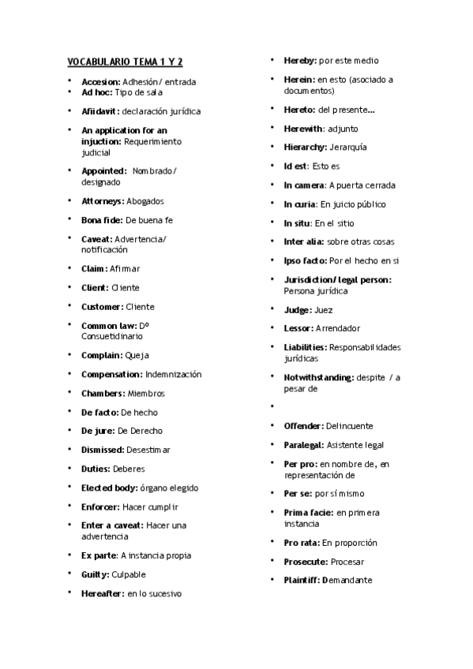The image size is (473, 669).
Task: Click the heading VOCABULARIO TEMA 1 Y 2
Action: pyautogui.click(x=125, y=62)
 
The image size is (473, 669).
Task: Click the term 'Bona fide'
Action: pyautogui.click(x=101, y=220)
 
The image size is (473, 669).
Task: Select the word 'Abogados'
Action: pyautogui.click(x=145, y=201)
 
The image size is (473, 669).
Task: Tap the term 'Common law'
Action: pyautogui.click(x=108, y=325)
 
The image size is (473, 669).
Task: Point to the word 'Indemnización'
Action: pyautogui.click(x=174, y=374)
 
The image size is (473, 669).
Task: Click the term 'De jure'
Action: pyautogui.click(x=97, y=431)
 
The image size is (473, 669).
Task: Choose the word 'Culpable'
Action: pyautogui.click(x=129, y=574)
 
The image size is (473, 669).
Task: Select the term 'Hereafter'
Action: pyautogui.click(x=102, y=593)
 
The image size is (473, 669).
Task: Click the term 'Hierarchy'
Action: pyautogui.click(x=305, y=148)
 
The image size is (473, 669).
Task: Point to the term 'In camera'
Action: pyautogui.click(x=303, y=185)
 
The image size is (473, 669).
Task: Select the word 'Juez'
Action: pyautogui.click(x=325, y=309)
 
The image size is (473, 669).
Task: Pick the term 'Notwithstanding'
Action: pyautogui.click(x=318, y=377)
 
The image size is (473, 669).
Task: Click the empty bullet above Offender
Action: pyautogui.click(x=272, y=407)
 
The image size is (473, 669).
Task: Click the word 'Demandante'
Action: pyautogui.click(x=347, y=580)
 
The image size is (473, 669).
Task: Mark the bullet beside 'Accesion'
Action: pyautogui.click(x=69, y=81)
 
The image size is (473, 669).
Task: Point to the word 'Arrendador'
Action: pyautogui.click(x=338, y=328)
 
